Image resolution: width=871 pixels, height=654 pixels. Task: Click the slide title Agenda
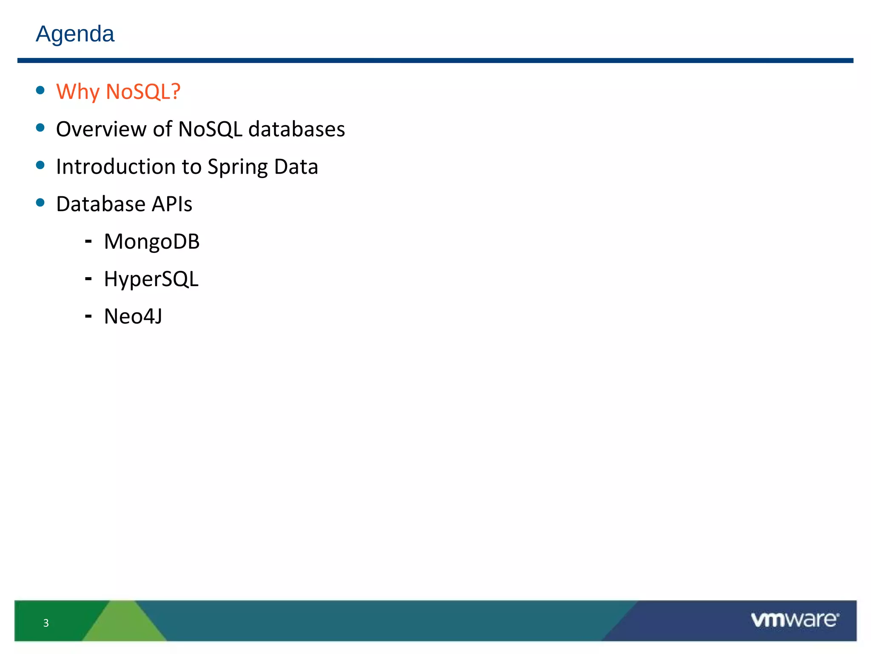[75, 34]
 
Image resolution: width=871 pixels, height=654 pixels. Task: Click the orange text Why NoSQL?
[118, 92]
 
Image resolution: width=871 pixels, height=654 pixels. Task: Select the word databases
[296, 129]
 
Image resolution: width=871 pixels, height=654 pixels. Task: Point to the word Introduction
[116, 166]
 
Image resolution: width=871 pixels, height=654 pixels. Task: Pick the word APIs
[172, 204]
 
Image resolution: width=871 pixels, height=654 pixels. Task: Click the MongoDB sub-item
[152, 242]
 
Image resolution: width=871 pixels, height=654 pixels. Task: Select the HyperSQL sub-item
[151, 279]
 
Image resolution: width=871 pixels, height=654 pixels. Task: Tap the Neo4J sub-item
[133, 316]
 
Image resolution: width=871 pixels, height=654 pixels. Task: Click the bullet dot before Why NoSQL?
[40, 90]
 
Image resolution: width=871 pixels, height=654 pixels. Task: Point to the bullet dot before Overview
[40, 127]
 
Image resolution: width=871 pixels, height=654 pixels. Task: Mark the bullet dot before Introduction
[40, 165]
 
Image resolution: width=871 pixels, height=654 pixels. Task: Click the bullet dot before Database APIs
[40, 202]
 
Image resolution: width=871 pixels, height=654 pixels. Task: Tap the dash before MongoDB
[88, 241]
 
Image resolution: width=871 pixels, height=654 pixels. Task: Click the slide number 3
[46, 623]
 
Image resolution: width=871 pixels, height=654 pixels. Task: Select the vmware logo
[794, 620]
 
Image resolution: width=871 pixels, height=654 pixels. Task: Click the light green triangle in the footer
[123, 624]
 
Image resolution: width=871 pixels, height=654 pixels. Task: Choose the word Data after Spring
[296, 166]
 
